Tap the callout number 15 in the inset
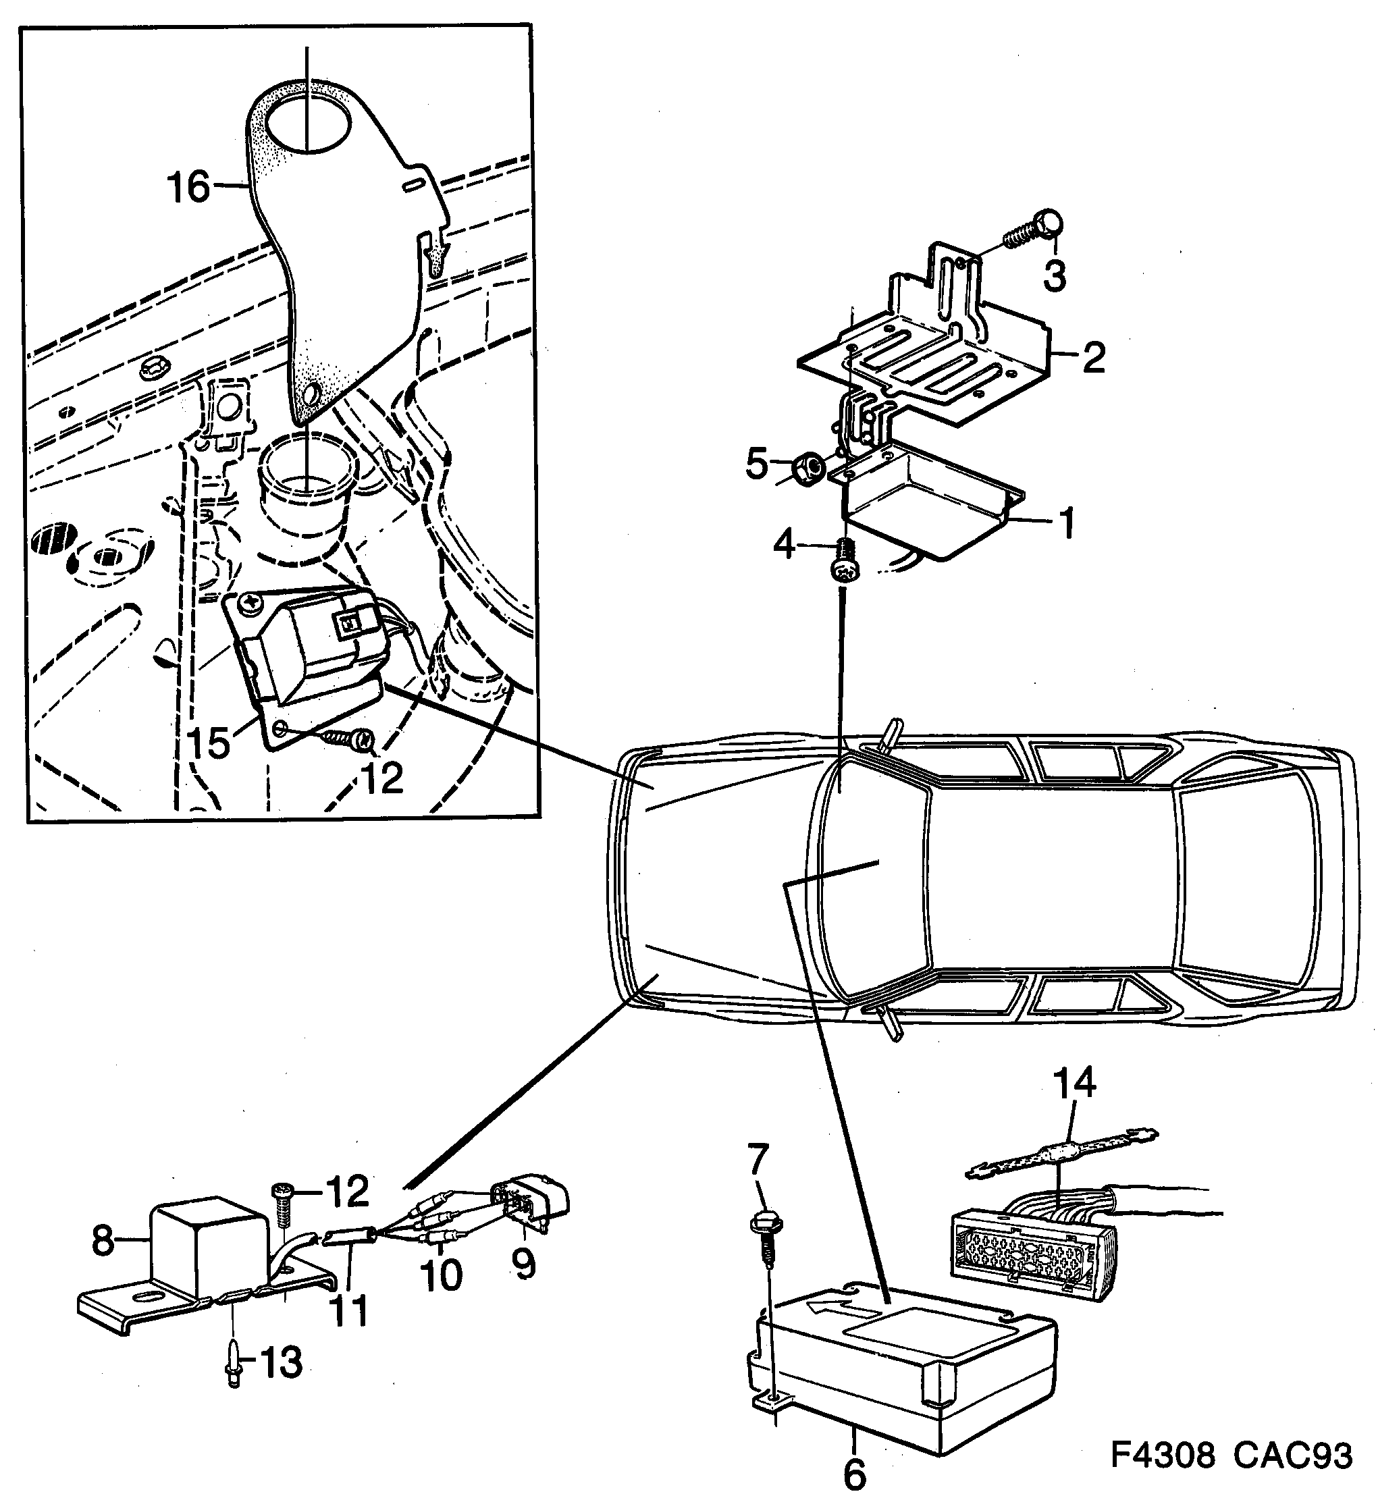pyautogui.click(x=209, y=743)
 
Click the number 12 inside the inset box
pyautogui.click(x=383, y=778)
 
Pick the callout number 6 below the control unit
pyautogui.click(x=855, y=1472)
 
